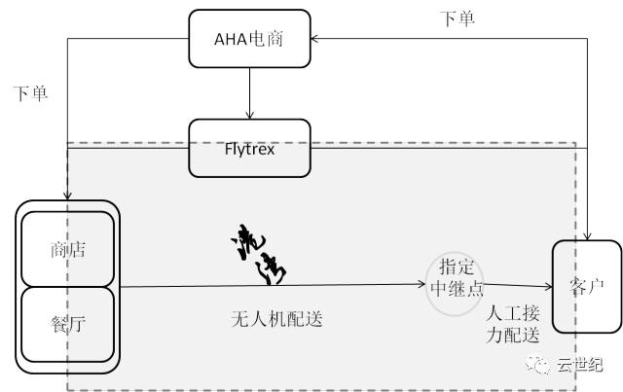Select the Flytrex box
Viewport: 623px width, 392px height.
[x=250, y=149]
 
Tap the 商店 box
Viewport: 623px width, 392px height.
[x=67, y=249]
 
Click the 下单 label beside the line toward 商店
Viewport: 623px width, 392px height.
[x=30, y=93]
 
